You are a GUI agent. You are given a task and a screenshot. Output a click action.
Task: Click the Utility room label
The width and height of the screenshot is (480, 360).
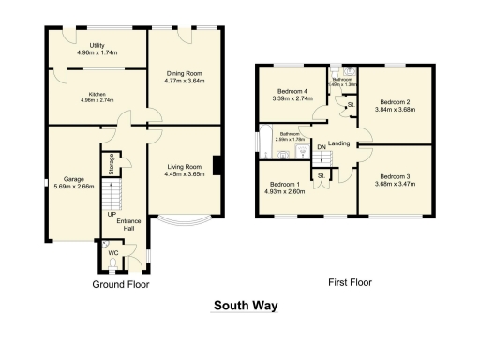click(97, 45)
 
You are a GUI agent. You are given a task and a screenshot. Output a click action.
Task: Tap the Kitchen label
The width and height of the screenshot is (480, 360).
click(97, 94)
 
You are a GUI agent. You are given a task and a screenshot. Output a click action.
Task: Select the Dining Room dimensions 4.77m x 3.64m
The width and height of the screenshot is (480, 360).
click(187, 81)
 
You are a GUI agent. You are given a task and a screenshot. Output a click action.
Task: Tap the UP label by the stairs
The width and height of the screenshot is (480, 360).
click(112, 214)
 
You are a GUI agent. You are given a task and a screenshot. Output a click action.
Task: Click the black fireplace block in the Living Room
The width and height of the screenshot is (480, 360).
click(217, 166)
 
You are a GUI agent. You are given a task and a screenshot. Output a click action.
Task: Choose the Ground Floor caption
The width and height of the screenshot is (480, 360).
click(121, 283)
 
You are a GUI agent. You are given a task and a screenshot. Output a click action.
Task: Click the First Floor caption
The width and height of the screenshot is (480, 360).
click(349, 280)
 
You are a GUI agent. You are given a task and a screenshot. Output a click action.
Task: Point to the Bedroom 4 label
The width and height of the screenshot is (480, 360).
click(291, 91)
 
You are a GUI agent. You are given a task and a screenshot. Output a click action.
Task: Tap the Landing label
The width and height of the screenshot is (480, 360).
click(339, 143)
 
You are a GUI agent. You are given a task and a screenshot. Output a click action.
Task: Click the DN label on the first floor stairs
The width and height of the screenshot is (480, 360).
click(321, 147)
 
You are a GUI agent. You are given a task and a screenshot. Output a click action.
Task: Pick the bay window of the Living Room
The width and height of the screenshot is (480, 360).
click(181, 222)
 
